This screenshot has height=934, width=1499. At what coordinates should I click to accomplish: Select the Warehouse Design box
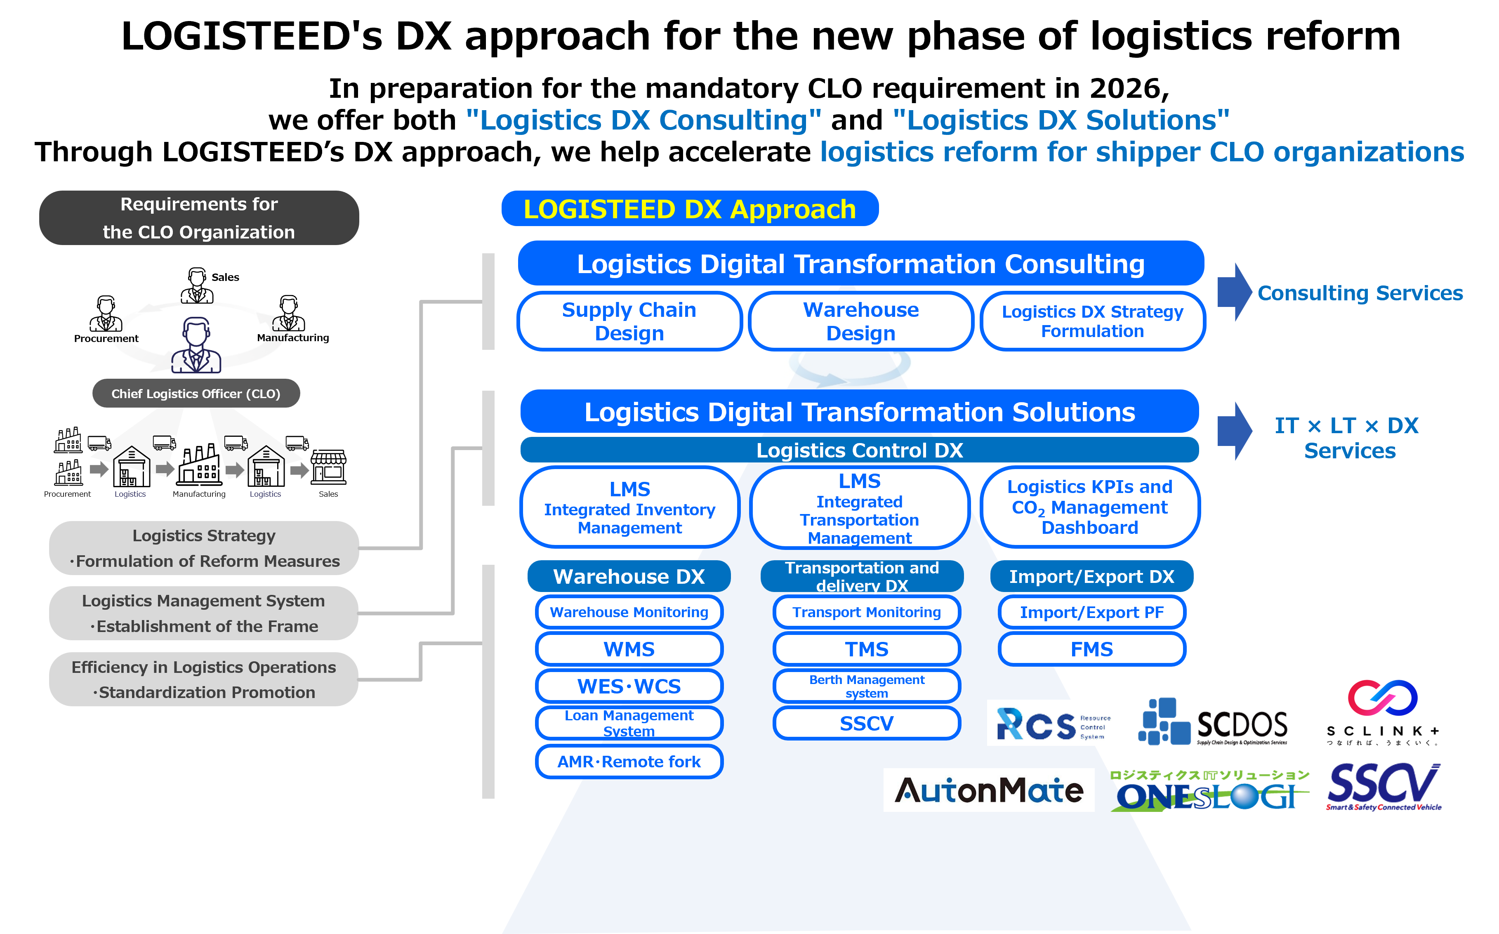pos(860,321)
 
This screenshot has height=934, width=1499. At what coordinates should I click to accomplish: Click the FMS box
pos(1091,649)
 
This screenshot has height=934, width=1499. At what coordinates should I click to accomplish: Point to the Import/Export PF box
pos(1091,612)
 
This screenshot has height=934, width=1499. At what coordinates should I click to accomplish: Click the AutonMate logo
pos(988,790)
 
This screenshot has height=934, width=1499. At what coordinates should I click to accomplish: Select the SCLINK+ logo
pos(1383,713)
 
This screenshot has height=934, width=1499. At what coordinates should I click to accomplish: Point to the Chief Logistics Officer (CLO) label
pos(196,394)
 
